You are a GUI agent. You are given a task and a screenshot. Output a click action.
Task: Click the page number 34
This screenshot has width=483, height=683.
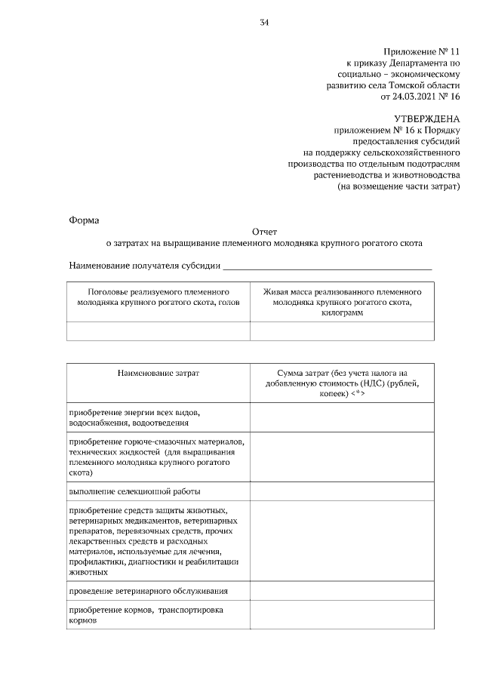(264, 22)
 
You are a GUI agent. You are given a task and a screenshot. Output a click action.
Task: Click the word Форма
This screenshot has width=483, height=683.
(84, 220)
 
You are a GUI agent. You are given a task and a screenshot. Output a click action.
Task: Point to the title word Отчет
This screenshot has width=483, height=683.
(264, 232)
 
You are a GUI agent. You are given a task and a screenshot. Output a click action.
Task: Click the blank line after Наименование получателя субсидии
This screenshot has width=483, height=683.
(328, 266)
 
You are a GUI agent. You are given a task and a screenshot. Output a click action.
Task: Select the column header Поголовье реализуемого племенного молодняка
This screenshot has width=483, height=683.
(158, 297)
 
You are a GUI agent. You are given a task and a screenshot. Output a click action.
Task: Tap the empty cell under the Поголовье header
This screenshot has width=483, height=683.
(158, 331)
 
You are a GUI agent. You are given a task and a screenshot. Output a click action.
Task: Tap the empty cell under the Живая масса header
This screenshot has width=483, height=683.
(342, 331)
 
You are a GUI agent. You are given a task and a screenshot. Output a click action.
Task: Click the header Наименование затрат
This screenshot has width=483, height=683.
(158, 373)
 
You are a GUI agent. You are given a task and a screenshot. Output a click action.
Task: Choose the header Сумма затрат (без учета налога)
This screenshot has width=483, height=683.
(342, 373)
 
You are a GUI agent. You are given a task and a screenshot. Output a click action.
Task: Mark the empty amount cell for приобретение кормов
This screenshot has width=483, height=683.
(342, 615)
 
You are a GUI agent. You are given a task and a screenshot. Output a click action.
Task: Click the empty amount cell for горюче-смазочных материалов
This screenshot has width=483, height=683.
(342, 457)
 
